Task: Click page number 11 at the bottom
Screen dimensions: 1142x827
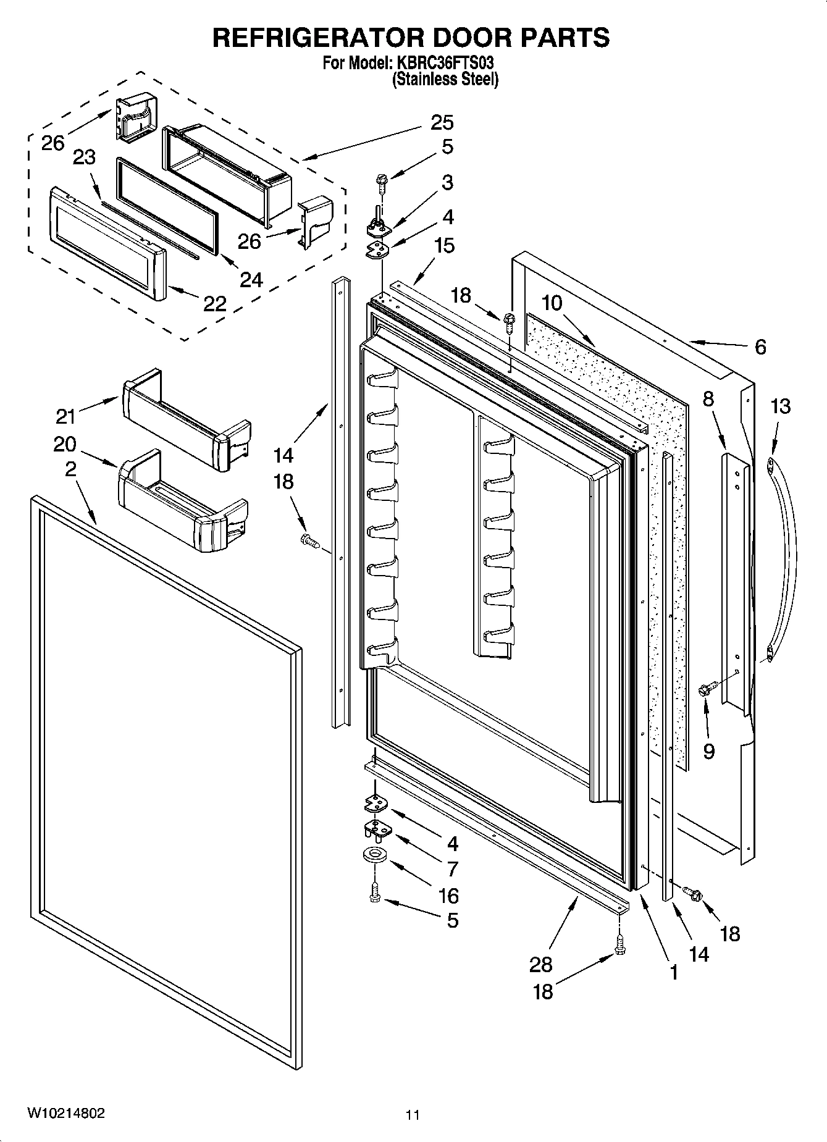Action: coord(413,1115)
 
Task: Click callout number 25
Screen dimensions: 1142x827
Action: coord(442,122)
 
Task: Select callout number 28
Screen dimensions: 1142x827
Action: coord(540,964)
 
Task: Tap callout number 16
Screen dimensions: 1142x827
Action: coord(448,895)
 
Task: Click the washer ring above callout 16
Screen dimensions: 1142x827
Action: coord(375,854)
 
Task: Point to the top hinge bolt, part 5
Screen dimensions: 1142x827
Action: coord(380,182)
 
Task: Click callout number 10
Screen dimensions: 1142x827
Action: coord(552,303)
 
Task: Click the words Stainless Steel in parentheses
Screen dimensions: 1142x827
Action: coord(445,79)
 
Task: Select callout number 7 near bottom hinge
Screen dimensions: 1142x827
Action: coord(452,868)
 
